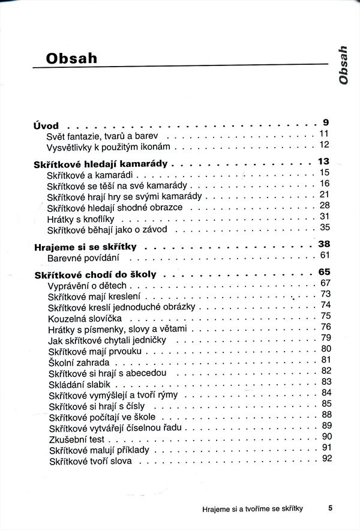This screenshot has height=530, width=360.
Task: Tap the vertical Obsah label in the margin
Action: [343, 64]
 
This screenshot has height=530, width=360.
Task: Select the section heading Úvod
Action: [46, 126]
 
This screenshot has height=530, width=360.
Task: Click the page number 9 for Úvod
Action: [325, 122]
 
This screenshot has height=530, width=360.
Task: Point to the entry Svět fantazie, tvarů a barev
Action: [102, 137]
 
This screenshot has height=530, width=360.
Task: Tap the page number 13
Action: [324, 161]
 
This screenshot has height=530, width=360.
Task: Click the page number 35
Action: [325, 227]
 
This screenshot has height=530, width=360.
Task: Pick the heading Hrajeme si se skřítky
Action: [86, 247]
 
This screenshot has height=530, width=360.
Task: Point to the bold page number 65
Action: [325, 272]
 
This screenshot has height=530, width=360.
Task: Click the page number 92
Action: [326, 459]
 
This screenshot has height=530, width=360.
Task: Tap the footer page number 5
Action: [330, 508]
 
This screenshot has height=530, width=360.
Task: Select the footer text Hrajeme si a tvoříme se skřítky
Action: [252, 508]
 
